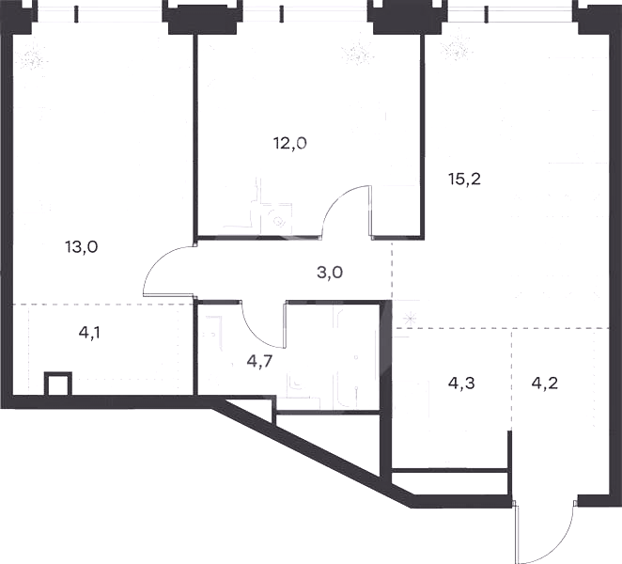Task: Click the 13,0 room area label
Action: click(x=82, y=247)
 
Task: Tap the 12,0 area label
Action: click(x=290, y=143)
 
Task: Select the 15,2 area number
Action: click(x=464, y=180)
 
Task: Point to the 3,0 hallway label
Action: click(x=330, y=273)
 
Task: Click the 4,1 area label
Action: click(x=89, y=333)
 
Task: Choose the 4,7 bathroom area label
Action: click(x=259, y=361)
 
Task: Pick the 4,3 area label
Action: click(x=461, y=384)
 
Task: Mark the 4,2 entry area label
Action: click(x=544, y=384)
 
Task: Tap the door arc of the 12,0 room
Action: click(x=337, y=199)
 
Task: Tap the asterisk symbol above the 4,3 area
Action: click(x=410, y=319)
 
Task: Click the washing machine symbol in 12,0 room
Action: click(x=277, y=219)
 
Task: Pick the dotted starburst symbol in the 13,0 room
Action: click(x=33, y=59)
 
